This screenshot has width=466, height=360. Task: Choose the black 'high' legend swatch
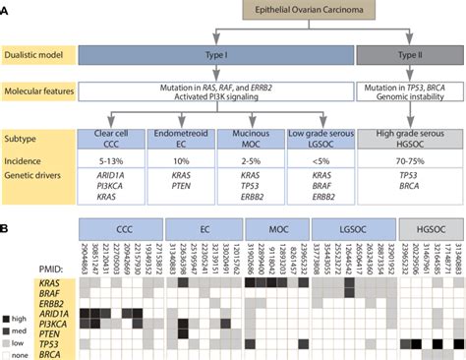pyautogui.click(x=10, y=318)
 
